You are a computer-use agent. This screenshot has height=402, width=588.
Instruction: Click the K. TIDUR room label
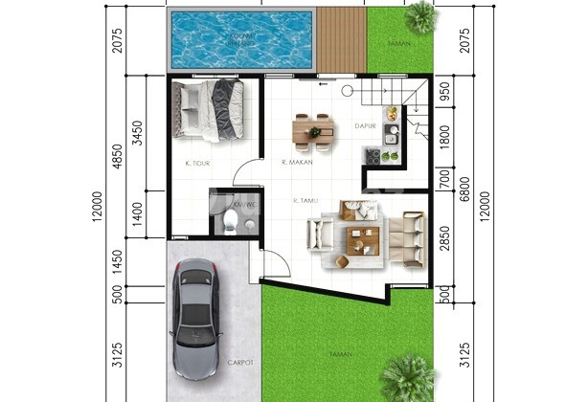pyautogui.click(x=197, y=164)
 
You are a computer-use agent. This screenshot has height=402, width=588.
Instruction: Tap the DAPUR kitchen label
pyautogui.click(x=364, y=125)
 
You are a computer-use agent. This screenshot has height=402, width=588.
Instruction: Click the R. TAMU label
pyautogui.click(x=306, y=201)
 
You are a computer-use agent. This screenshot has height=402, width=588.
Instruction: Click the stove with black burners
pyautogui.click(x=373, y=156)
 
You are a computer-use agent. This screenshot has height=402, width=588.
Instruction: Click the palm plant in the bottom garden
pyautogui.click(x=409, y=375)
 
